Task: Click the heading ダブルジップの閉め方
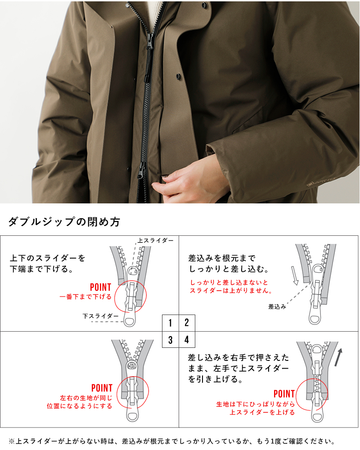tap(64, 222)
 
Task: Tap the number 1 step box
tap(171, 323)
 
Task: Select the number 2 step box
tap(187, 323)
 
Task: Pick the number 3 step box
tap(171, 340)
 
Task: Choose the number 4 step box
tap(187, 340)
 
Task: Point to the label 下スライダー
tap(101, 316)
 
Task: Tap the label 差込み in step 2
tap(277, 306)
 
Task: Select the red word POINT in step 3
tap(102, 388)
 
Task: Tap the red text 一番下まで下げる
tap(85, 297)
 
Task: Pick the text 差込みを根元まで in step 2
tap(221, 259)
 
